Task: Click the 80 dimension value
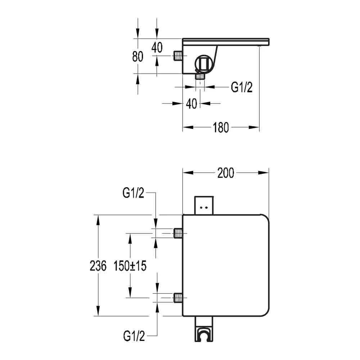(x=138, y=57)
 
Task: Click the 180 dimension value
(x=221, y=127)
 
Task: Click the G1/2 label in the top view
(x=241, y=87)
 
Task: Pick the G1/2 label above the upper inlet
(x=134, y=193)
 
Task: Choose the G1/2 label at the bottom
(x=134, y=336)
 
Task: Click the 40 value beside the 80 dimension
(x=157, y=47)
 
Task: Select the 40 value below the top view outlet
(x=192, y=104)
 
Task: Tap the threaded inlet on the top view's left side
(x=177, y=56)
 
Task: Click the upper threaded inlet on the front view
(x=177, y=233)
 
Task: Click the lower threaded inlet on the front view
(x=177, y=298)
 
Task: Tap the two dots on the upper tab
(x=204, y=208)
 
